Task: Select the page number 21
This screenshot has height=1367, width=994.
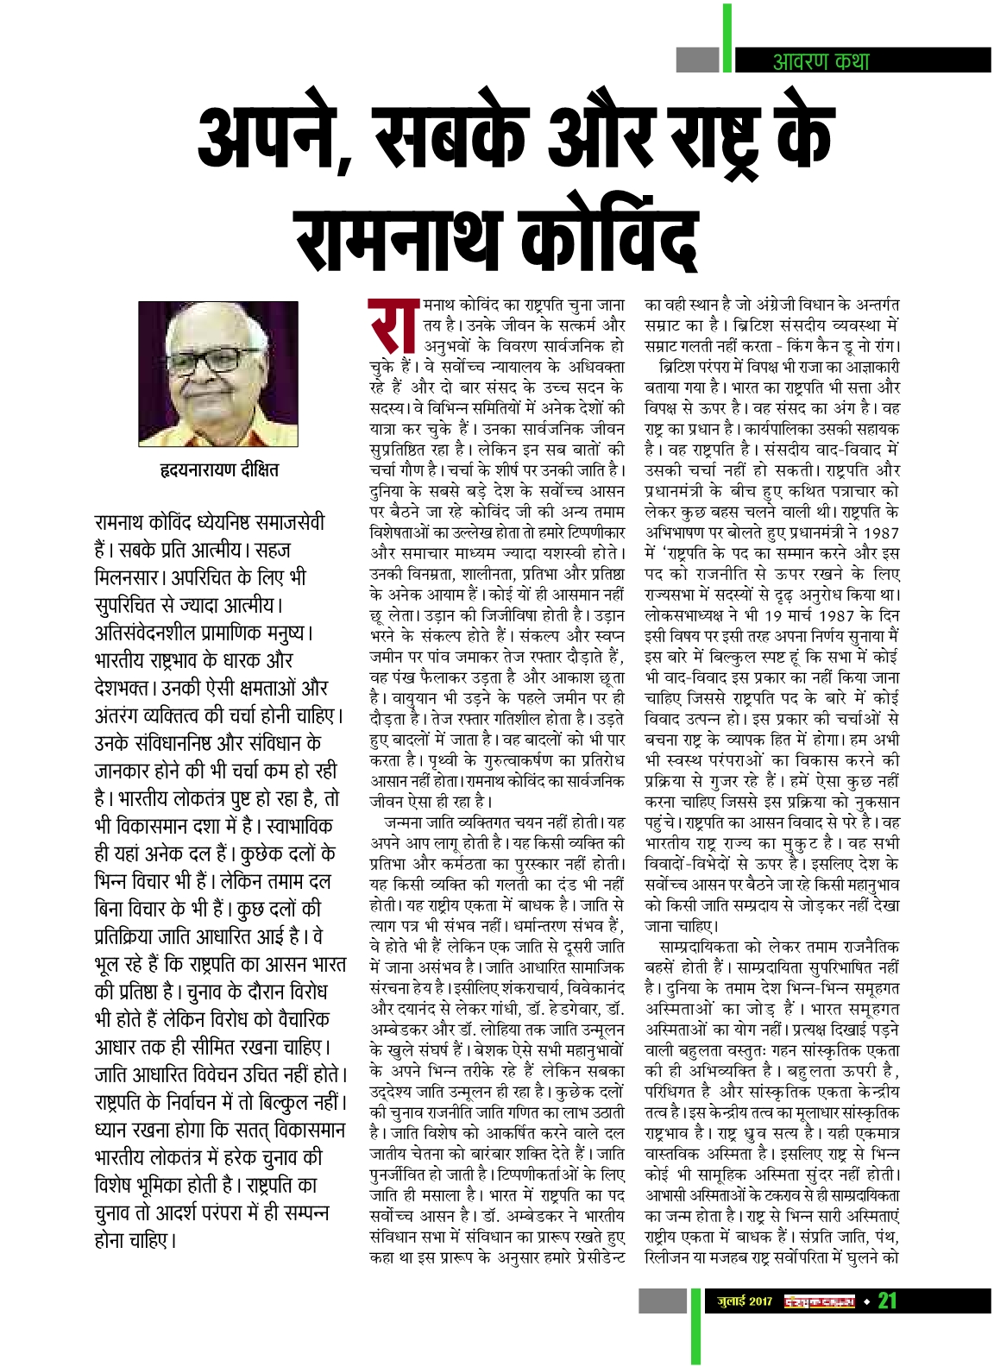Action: click(888, 1301)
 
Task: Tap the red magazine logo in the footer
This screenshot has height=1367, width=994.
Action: click(819, 1301)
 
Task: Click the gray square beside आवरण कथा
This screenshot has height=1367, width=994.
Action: click(698, 60)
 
